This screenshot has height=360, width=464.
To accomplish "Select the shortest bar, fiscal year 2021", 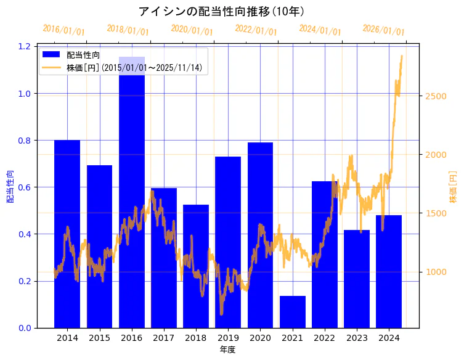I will [293, 312].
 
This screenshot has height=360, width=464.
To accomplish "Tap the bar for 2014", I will [67, 234].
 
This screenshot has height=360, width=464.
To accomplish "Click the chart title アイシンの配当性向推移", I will [221, 11].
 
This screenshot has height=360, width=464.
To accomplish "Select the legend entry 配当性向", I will [83, 55].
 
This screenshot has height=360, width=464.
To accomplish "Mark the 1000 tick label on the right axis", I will [434, 272].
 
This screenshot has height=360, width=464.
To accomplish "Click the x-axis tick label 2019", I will [228, 338].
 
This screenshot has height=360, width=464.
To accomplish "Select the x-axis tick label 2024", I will [389, 338].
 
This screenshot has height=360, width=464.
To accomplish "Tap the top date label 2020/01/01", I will [192, 30].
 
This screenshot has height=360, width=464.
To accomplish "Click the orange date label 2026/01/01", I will [383, 30].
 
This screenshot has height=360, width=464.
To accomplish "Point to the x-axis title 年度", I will [227, 350].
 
